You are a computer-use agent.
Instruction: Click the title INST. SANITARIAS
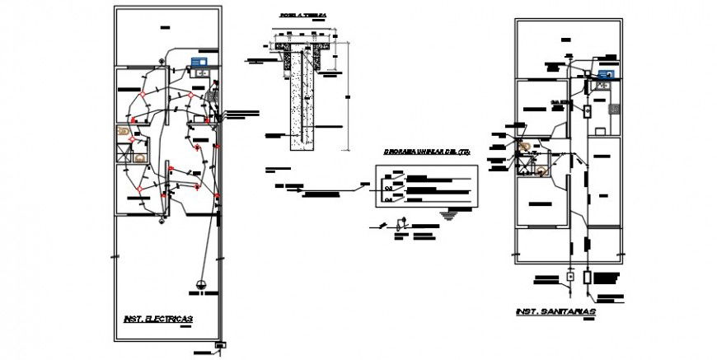point(555,312)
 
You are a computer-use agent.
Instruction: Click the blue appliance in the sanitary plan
point(606,74)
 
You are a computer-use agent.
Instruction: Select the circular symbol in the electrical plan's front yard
point(201,285)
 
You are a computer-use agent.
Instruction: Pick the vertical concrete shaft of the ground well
point(303,99)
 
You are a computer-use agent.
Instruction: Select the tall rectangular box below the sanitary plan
point(587,277)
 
